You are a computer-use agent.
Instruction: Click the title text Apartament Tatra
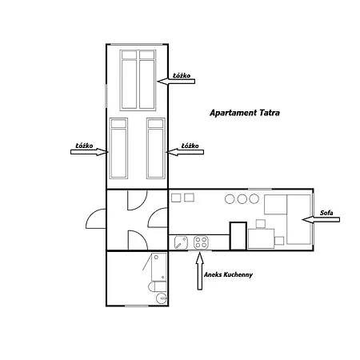pos(245,113)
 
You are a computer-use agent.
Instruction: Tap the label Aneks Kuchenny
pos(228,274)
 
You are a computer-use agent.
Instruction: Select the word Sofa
pos(326,213)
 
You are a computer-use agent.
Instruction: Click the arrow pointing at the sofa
pos(321,219)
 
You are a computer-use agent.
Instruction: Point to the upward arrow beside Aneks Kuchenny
pos(200,270)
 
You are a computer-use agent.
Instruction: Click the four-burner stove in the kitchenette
pos(201,242)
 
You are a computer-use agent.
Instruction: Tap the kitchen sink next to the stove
pos(181,242)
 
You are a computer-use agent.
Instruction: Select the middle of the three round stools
pos(242,199)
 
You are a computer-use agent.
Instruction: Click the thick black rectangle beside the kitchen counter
pos(238,236)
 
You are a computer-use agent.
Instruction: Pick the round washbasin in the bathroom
pos(161,298)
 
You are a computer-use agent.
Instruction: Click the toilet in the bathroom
pos(158,286)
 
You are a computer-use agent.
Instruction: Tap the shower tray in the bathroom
pos(159,267)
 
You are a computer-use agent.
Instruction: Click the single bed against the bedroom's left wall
pos(118,148)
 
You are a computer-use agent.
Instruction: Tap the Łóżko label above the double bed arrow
pos(182,76)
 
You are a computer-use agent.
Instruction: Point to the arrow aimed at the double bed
pos(176,82)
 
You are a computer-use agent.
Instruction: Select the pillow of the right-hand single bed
pos(156,123)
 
